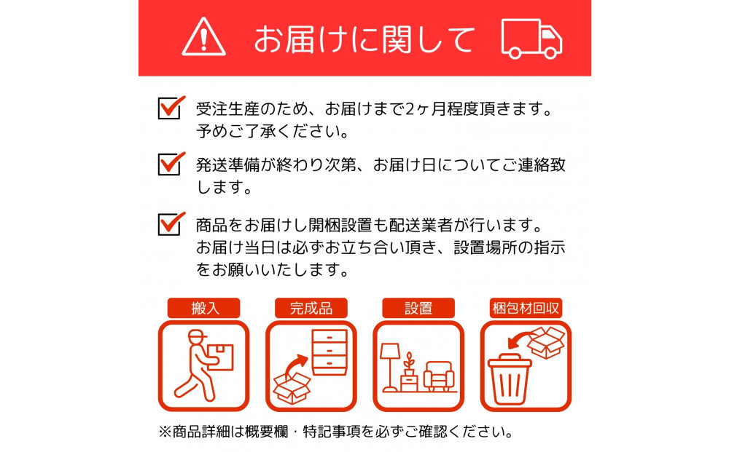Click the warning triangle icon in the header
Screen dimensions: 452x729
click(x=203, y=37)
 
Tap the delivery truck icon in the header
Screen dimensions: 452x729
click(x=531, y=38)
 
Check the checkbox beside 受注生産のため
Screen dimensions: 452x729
click(x=168, y=108)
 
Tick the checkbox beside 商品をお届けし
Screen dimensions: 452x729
click(x=168, y=223)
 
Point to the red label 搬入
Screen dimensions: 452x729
click(x=204, y=308)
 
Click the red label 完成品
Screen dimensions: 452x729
click(x=311, y=308)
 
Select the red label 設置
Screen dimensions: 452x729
click(x=418, y=308)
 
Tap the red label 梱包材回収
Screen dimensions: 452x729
click(x=525, y=308)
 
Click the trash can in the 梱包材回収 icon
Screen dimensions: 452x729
click(x=511, y=378)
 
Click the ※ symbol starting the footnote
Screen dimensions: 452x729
click(x=164, y=432)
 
